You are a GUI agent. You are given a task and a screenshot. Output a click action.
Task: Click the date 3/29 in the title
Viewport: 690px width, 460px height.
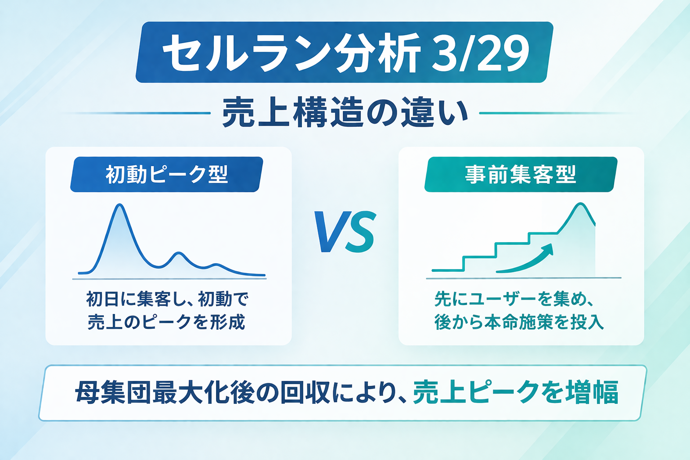tap(480, 53)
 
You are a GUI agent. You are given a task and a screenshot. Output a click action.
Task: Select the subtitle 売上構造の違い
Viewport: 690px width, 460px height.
tap(345, 113)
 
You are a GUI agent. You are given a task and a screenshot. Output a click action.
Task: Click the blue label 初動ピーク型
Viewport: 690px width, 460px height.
tap(167, 174)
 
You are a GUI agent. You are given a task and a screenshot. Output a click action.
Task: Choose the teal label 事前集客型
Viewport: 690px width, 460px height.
tap(521, 174)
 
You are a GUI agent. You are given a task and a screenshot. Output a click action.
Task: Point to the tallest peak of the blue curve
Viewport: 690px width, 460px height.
tap(119, 204)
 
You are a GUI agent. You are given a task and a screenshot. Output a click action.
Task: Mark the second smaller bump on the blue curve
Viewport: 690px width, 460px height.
tap(178, 253)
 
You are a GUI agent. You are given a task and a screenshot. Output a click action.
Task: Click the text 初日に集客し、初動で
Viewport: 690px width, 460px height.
tap(167, 299)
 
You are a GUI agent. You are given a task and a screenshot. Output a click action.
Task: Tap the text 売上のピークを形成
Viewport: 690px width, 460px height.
tap(166, 322)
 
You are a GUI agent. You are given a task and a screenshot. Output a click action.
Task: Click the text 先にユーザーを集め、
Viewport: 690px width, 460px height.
tap(514, 299)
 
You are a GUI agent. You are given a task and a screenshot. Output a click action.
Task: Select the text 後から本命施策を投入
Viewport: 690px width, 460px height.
tap(519, 322)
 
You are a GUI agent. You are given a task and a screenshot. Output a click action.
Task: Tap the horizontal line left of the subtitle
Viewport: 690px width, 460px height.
tap(136, 113)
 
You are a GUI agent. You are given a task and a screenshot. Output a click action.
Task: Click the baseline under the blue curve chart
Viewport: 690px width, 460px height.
tap(169, 279)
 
